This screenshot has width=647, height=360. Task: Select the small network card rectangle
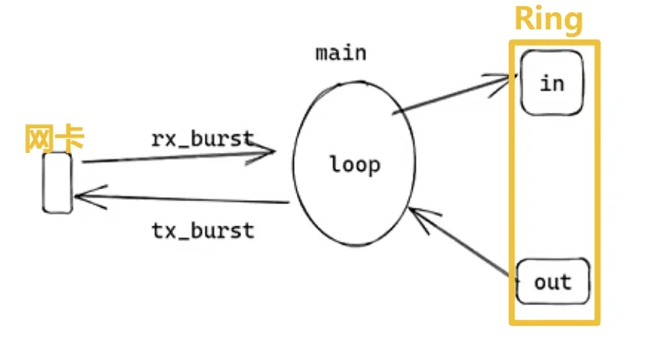(57, 182)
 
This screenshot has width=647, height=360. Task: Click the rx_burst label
(203, 138)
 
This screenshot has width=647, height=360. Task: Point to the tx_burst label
(203, 229)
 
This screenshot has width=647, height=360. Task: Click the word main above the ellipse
(341, 53)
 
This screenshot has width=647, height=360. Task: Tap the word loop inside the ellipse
(355, 164)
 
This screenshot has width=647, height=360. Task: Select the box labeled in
(552, 82)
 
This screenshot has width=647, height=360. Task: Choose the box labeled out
(552, 281)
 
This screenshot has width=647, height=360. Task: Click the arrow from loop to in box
(452, 95)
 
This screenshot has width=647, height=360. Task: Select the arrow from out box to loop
(464, 243)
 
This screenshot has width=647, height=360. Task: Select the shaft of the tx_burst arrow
(186, 200)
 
